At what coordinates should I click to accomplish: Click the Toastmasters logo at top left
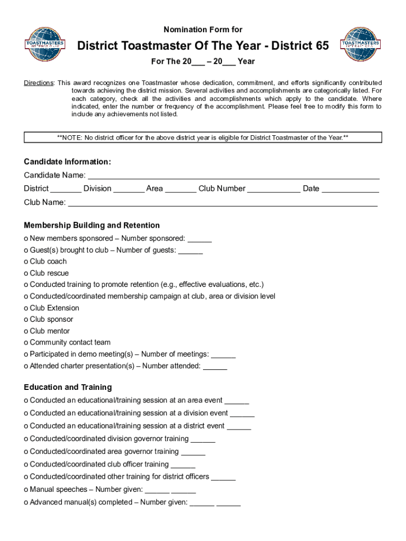point(45,44)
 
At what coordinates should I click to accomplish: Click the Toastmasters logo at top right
point(361,44)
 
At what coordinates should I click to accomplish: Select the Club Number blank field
point(274,189)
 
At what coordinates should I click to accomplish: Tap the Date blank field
point(350,189)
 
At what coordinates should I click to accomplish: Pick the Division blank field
point(129,189)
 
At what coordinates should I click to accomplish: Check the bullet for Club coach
point(26,262)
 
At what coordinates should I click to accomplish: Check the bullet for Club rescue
point(26,274)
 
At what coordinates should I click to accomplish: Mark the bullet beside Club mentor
point(26,332)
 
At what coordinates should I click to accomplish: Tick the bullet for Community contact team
point(26,343)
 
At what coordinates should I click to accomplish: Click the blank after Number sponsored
point(199,239)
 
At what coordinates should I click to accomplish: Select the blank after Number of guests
point(190,250)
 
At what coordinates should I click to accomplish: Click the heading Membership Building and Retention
point(92,226)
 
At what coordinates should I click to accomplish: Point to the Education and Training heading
point(67,387)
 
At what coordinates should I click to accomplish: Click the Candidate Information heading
point(67,162)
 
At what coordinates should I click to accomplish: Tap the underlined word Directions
point(38,83)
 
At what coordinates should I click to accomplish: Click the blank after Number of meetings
point(223,355)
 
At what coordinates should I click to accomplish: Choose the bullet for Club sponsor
point(26,320)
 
